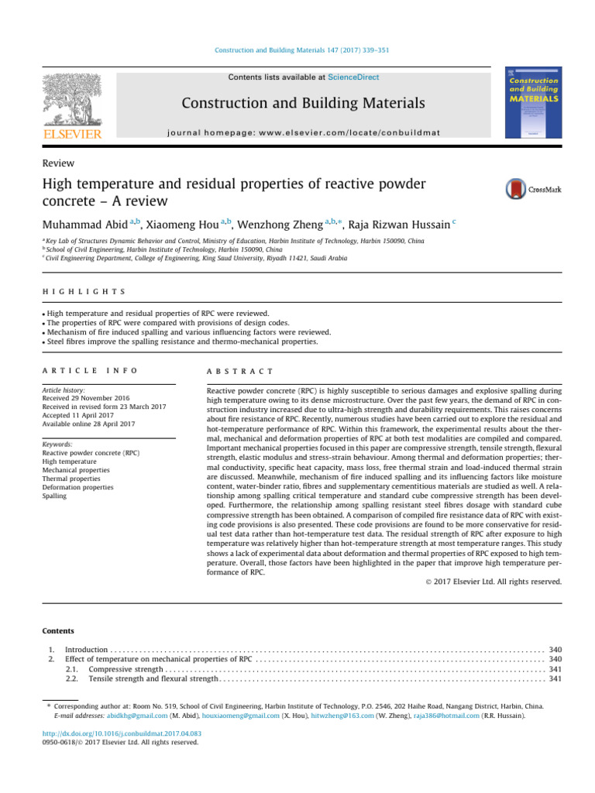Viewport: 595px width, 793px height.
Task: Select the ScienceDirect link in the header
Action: [353, 77]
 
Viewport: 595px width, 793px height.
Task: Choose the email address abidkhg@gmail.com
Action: [146, 716]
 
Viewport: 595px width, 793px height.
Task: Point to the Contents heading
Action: [59, 631]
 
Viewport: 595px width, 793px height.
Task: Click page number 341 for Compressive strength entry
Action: [555, 668]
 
